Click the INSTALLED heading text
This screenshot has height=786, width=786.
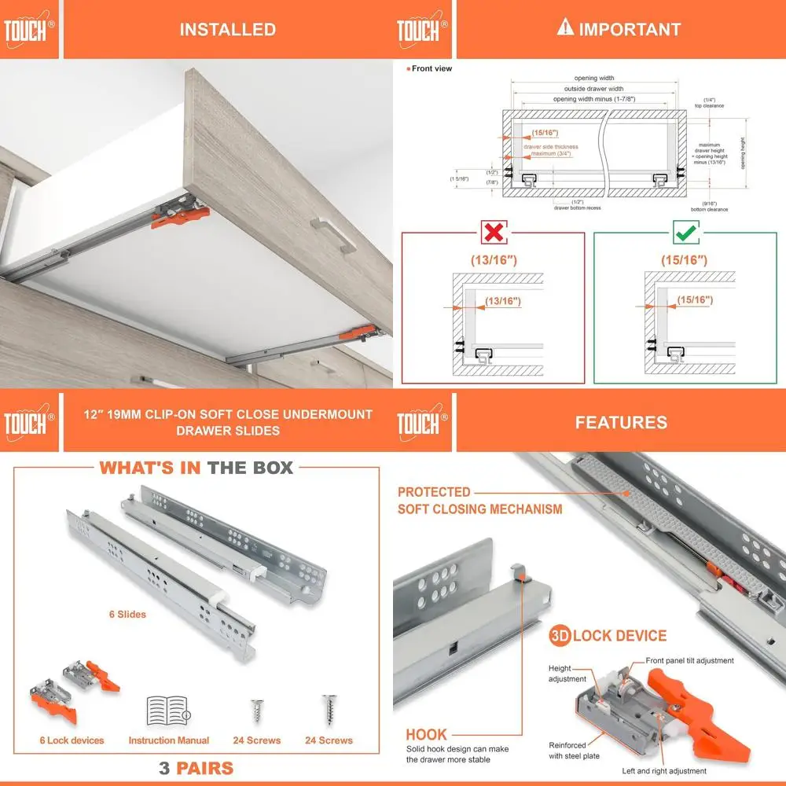pos(227,30)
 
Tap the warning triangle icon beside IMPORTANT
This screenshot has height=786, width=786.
pos(564,28)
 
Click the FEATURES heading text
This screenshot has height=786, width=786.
pos(620,422)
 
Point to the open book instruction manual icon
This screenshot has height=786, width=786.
pos(168,711)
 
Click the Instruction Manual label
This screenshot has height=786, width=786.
pos(169,740)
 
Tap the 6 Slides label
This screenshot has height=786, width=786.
pos(127,614)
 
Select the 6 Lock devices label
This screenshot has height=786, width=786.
pos(72,740)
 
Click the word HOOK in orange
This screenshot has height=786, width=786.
pos(426,735)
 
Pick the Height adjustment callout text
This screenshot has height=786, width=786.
pos(567,674)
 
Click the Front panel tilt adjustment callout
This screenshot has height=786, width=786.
pos(689,661)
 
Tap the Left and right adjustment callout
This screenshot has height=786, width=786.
pos(663,771)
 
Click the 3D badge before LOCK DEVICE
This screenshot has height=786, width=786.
pos(560,636)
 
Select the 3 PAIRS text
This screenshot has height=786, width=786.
pos(196,768)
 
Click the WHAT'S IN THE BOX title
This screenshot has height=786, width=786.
pos(196,468)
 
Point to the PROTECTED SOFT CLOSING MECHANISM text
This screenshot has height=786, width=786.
pos(479,501)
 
